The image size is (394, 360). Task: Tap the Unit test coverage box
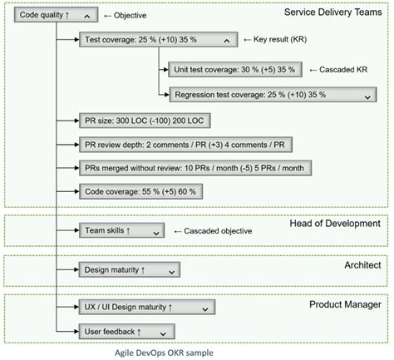tap(234, 71)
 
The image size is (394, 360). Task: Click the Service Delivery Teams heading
tap(332, 12)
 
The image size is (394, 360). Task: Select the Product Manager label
tap(345, 304)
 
